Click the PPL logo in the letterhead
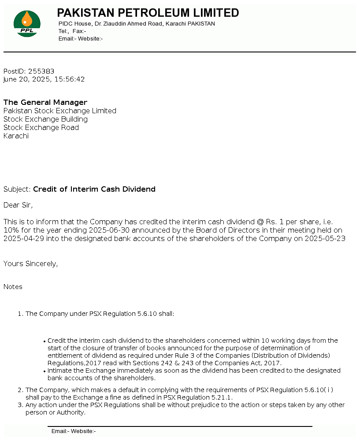point(27,24)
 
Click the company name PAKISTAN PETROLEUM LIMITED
point(148,13)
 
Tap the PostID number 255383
point(41,71)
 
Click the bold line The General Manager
point(45,102)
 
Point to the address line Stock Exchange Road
point(41,127)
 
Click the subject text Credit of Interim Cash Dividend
point(94,189)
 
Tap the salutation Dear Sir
point(18,205)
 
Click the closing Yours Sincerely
point(30,263)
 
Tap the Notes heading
point(13,287)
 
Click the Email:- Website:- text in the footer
point(74,431)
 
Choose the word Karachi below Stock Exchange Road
point(16,136)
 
